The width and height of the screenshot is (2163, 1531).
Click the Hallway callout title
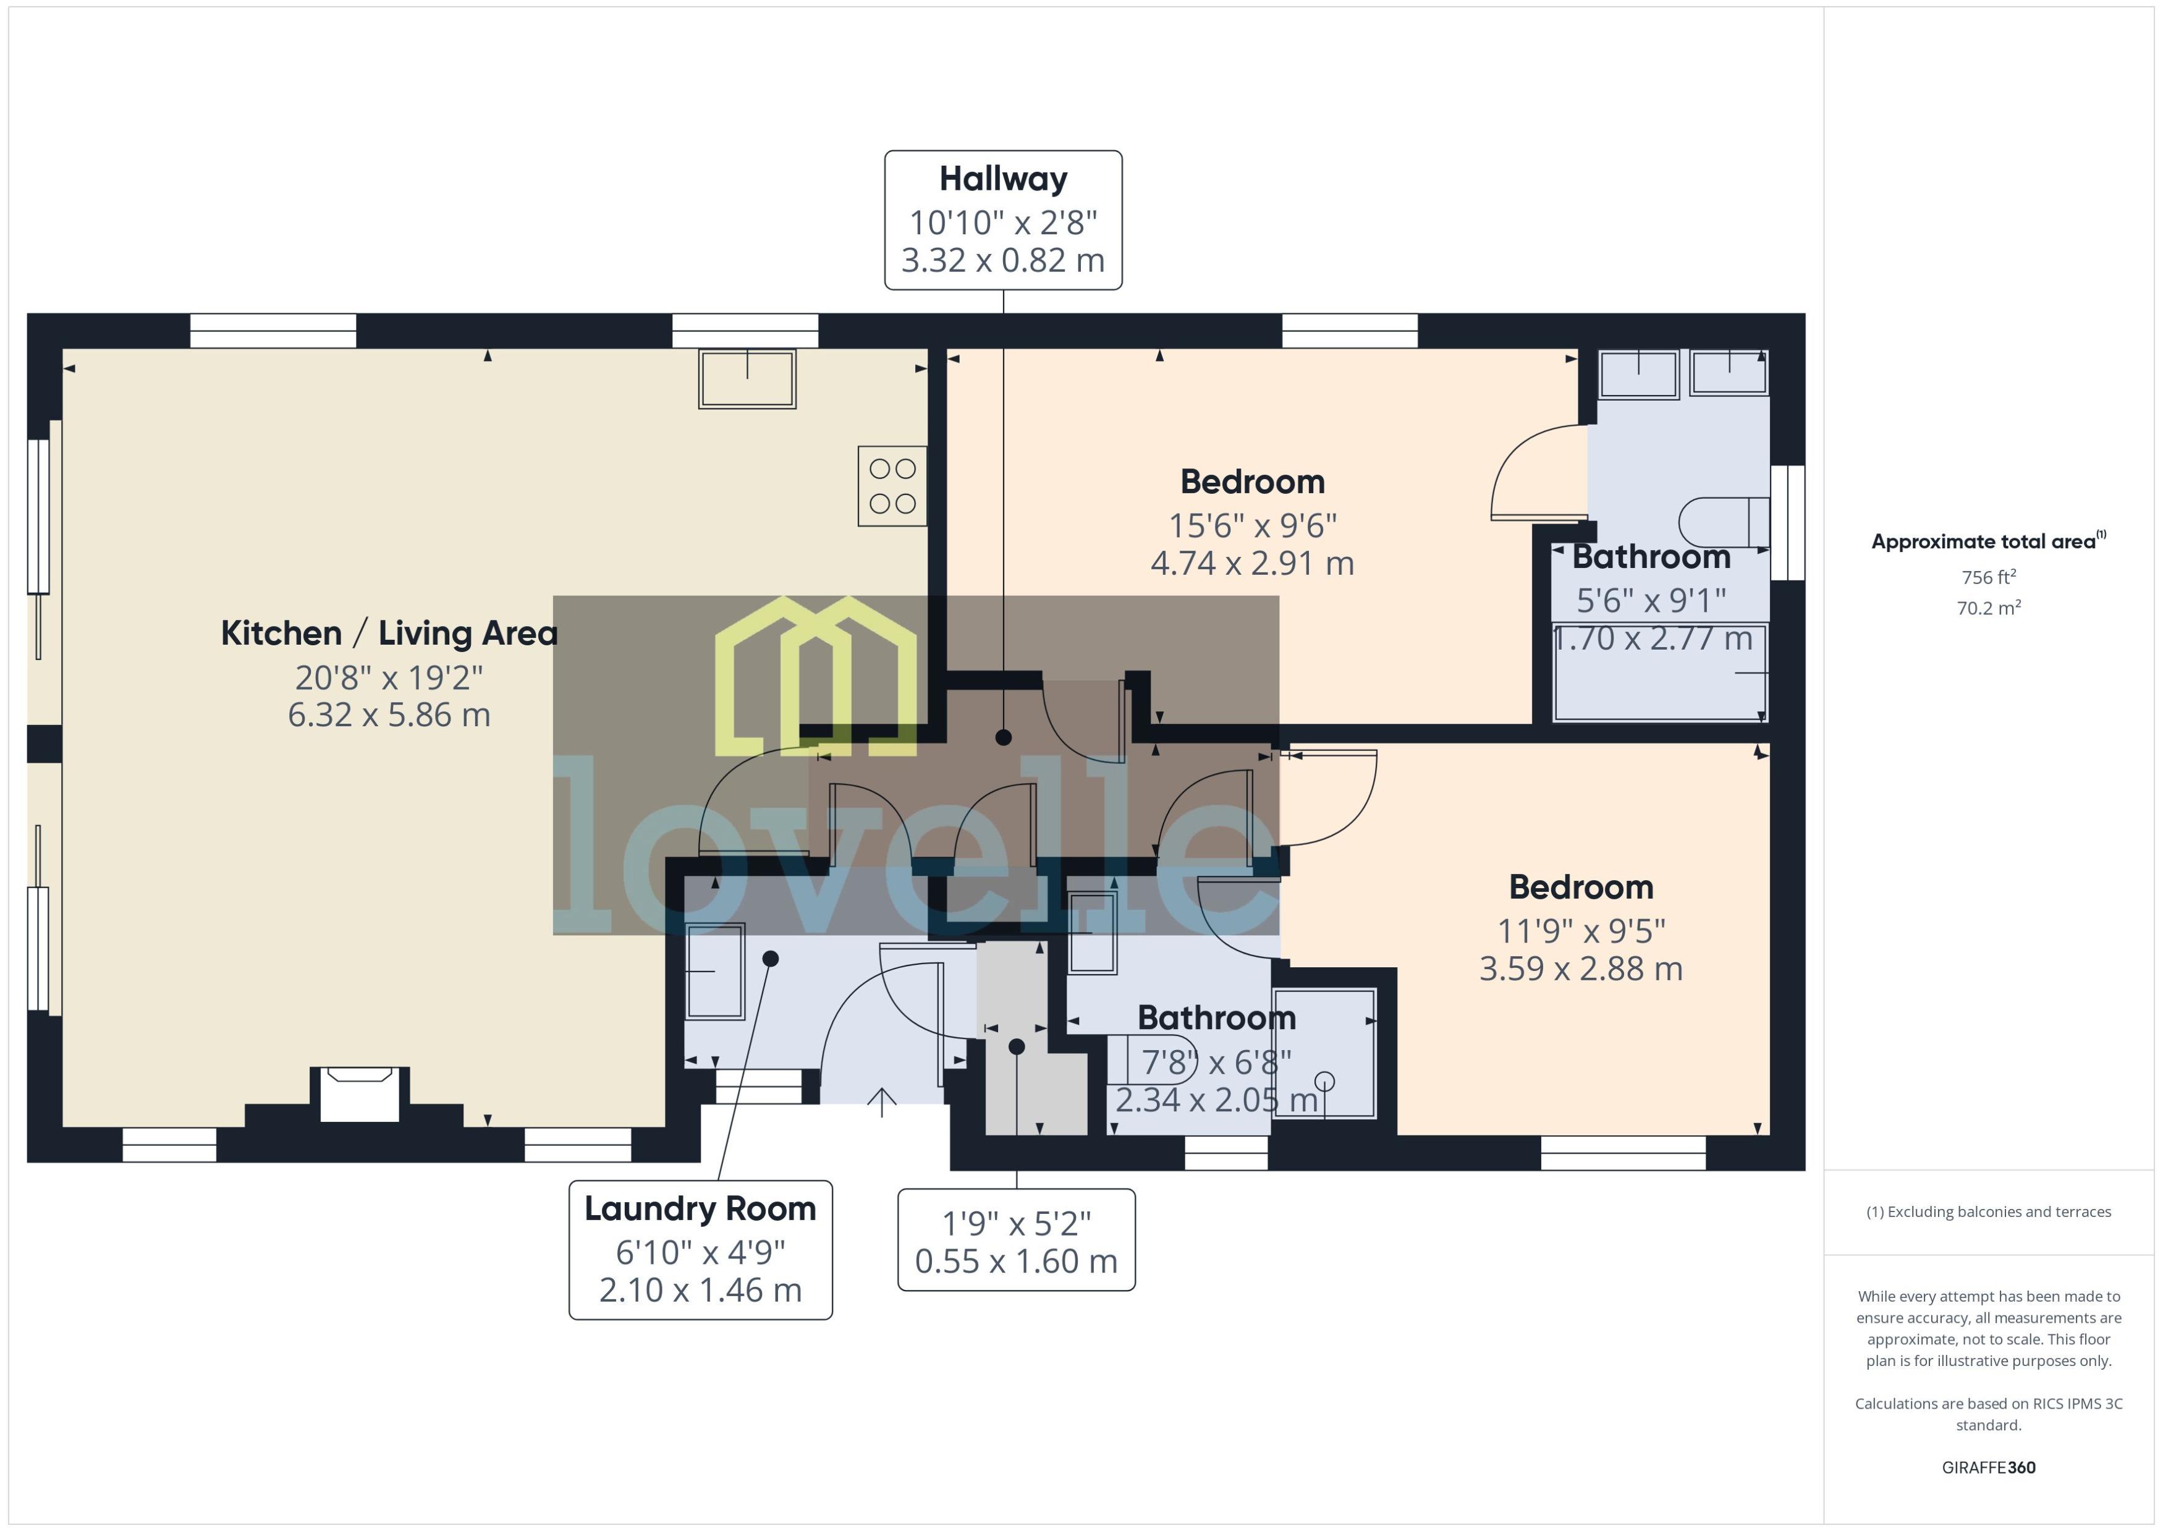point(1003,178)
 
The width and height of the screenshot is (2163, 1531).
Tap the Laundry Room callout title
point(700,1208)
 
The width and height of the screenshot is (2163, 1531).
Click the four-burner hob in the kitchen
point(892,486)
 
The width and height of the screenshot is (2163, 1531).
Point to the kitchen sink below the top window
point(747,378)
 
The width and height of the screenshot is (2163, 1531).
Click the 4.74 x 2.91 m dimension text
point(1253,563)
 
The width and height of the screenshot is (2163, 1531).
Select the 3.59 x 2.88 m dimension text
point(1581,968)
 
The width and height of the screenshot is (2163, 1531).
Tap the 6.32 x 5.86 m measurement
point(389,715)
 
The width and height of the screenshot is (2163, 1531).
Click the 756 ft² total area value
point(1989,577)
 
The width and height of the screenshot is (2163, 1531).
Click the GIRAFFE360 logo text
point(1989,1468)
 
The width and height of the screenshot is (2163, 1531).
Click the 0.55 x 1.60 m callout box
point(1016,1240)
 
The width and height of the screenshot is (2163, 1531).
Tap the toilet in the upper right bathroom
point(1724,521)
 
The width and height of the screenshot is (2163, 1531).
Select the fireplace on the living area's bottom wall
point(359,1093)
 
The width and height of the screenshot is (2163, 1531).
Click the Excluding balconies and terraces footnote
point(1989,1212)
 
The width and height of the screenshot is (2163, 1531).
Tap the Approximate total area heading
point(1989,541)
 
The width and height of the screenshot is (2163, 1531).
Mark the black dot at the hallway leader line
point(1003,737)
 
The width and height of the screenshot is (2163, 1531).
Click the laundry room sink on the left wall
point(716,971)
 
